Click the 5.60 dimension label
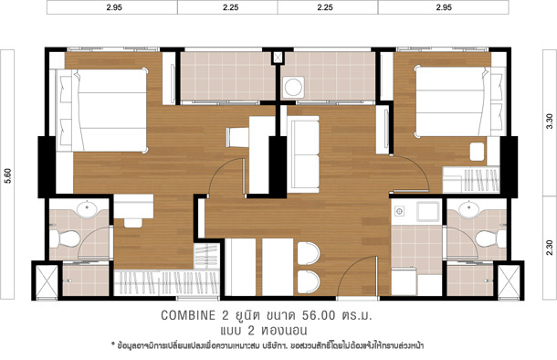8,175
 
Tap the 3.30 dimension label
549,122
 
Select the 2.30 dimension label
549,248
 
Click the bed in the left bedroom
101,111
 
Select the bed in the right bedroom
461,101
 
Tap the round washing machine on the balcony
293,87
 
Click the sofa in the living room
302,154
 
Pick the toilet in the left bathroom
65,238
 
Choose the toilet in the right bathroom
490,238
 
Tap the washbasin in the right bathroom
469,208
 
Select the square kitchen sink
428,211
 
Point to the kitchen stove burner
399,211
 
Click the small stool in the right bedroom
477,152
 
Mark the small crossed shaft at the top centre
278,58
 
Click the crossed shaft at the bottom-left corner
47,281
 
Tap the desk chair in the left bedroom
133,223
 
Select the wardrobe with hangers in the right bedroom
471,180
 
